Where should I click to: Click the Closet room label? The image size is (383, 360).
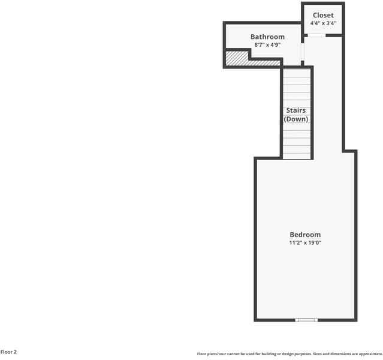(323, 15)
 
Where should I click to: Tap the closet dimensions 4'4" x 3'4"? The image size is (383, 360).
(323, 23)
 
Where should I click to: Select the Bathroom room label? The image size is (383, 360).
(267, 37)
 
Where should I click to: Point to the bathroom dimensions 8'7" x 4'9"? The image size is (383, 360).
(267, 45)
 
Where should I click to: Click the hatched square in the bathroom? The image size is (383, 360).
(236, 58)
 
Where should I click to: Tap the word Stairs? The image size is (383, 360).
(295, 110)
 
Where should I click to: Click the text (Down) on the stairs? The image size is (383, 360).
(295, 119)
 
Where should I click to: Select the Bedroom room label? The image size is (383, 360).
(305, 235)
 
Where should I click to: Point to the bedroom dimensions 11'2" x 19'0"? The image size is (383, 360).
(305, 243)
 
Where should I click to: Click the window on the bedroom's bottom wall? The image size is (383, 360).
(306, 320)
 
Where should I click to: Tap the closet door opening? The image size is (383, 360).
(316, 35)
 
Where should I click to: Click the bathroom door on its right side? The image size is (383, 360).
(302, 53)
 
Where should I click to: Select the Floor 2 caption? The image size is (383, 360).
(8, 352)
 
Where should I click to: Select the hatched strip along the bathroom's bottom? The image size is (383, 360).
(264, 62)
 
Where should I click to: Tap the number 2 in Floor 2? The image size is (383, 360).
(15, 352)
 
